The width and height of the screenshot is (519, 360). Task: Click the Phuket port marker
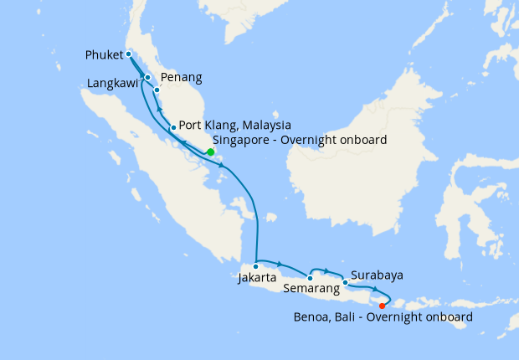129,54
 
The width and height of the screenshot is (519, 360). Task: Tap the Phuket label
105,55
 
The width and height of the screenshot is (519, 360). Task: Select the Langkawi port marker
147,78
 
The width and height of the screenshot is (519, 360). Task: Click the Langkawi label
114,84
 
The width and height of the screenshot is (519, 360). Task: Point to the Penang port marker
157,89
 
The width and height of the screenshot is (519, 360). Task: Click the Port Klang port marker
172,127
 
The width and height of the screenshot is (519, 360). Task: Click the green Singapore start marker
210,152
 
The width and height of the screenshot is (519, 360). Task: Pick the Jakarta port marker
256,266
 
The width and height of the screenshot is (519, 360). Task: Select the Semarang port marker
311,278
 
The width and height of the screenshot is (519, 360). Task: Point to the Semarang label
312,289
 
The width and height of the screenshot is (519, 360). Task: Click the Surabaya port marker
345,282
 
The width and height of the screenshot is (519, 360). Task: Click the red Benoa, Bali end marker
383,306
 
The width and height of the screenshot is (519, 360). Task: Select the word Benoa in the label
311,318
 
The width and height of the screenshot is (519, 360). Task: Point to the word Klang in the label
216,125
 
